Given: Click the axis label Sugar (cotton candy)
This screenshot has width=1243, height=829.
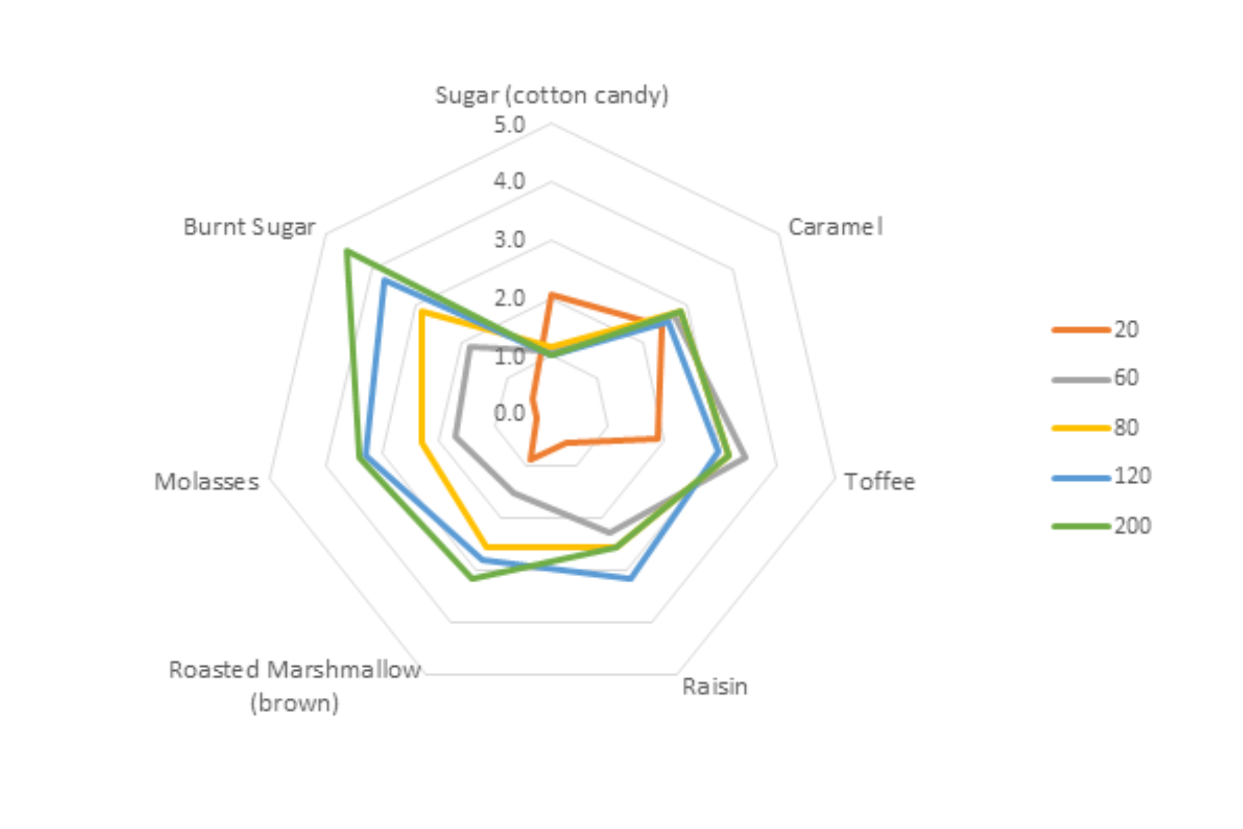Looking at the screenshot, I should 551,95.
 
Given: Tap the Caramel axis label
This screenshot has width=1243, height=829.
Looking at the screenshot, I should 835,227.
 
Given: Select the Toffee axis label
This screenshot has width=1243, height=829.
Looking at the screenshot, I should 879,481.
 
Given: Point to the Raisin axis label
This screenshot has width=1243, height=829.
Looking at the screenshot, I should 715,686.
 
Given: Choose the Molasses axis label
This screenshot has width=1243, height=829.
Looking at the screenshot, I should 206,481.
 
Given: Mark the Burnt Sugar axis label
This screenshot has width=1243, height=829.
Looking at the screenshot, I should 249,227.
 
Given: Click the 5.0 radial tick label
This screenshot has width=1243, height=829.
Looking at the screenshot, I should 510,125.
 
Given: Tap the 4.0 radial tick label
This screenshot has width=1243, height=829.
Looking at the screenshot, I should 510,181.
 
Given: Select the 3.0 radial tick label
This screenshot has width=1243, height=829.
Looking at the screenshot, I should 510,240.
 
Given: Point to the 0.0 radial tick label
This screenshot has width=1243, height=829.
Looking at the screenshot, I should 510,413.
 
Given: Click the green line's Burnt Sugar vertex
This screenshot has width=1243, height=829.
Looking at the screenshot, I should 347,250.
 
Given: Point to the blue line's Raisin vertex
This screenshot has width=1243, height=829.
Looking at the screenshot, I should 629,579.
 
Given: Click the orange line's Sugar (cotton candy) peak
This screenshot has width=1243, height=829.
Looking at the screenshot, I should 551,295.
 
